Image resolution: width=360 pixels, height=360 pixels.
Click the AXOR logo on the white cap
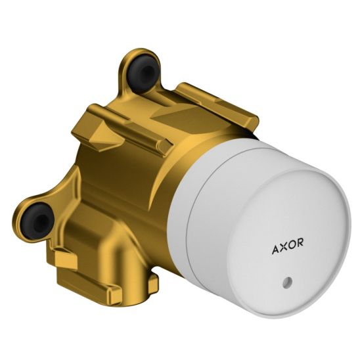288,246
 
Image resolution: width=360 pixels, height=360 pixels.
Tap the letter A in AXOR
275,250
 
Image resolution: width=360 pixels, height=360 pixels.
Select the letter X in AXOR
283,247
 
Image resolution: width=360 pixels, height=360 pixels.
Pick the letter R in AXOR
300,242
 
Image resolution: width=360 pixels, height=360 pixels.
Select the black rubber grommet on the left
37,221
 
